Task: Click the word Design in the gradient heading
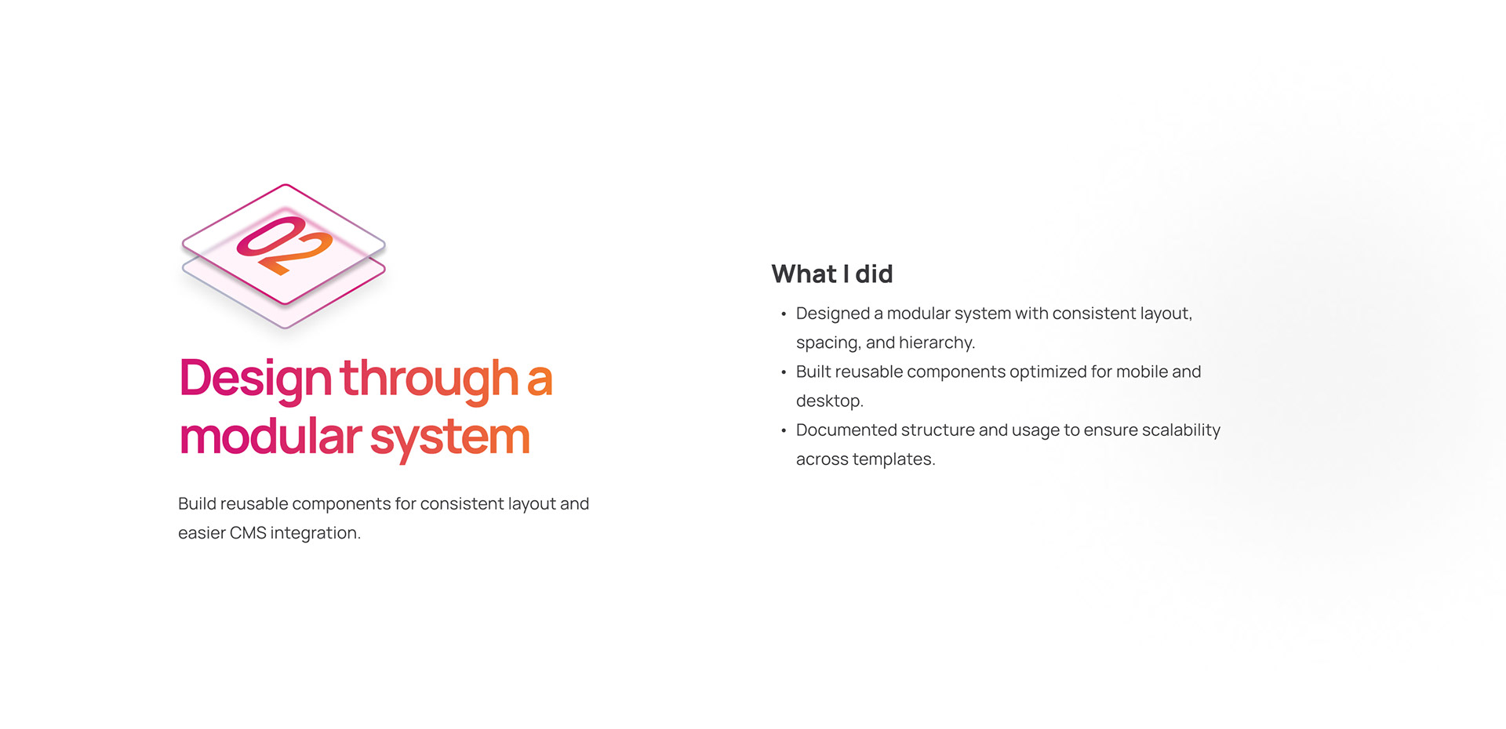coord(256,379)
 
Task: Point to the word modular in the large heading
coord(271,436)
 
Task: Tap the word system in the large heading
coord(450,439)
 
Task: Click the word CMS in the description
coord(248,533)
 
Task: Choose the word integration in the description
coord(315,534)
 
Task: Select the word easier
coord(202,533)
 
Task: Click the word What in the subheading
coord(804,274)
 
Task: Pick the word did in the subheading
coord(874,274)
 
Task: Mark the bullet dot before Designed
coord(784,315)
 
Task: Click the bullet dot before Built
coord(784,373)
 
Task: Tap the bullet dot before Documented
coord(784,431)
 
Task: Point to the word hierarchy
coord(937,343)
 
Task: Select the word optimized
coord(1047,372)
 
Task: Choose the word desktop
coord(829,401)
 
